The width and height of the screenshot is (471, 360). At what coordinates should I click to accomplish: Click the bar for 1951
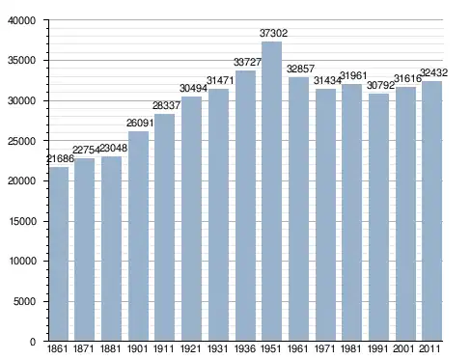coord(272,191)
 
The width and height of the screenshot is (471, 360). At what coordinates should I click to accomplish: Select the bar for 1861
coord(59,254)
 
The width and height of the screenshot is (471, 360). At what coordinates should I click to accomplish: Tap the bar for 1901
coord(138,235)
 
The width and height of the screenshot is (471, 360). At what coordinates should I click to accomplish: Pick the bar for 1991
coord(378,217)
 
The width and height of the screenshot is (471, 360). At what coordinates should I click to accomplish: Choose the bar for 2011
coord(432,210)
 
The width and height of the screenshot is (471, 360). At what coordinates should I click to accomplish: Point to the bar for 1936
coord(245,206)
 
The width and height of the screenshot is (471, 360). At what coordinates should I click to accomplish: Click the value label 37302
coord(273,33)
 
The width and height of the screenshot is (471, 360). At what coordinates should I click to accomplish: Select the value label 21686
coord(60,158)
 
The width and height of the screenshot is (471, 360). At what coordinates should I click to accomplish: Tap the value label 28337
coord(166,105)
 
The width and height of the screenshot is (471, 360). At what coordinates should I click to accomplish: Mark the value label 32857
coord(300,69)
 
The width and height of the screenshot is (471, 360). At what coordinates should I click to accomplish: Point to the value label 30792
coord(380,85)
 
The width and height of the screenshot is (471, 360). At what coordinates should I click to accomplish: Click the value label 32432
coord(434,72)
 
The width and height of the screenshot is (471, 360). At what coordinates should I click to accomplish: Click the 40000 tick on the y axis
coord(21,20)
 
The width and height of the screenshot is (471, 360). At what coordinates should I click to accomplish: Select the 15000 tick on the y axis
coord(22,221)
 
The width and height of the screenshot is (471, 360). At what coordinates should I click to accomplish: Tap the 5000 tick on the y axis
coord(25,301)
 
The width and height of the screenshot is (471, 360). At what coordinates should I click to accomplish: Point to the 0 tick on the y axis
coord(33,342)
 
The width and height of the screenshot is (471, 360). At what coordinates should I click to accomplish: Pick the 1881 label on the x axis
coord(110,348)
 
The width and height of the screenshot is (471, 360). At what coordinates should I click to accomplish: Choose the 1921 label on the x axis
coord(190,348)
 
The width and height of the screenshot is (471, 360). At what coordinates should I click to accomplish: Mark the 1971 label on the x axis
coord(324,348)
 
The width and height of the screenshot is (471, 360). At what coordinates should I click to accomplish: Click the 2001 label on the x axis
coord(404,348)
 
